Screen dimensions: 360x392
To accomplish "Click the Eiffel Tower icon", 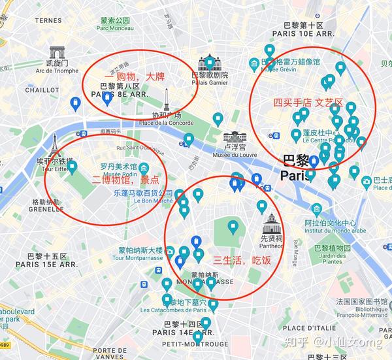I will [x=56, y=144].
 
